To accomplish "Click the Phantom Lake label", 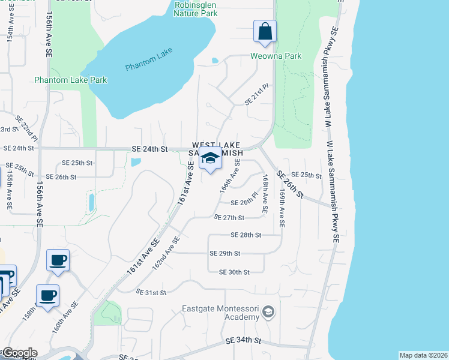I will pyautogui.click(x=149, y=59).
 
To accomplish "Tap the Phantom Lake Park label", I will pyautogui.click(x=70, y=80).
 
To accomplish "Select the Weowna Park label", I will pyautogui.click(x=276, y=56).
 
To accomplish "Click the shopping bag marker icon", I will pyautogui.click(x=265, y=31).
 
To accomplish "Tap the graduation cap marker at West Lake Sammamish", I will pyautogui.click(x=210, y=158).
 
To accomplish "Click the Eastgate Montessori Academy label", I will pyautogui.click(x=220, y=313).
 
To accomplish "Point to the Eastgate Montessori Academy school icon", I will pyautogui.click(x=269, y=312).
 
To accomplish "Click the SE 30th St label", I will pyautogui.click(x=234, y=272).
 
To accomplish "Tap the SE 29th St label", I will pyautogui.click(x=224, y=253).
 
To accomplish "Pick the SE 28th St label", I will pyautogui.click(x=246, y=235).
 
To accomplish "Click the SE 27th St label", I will pyautogui.click(x=229, y=218).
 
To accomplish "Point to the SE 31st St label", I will pyautogui.click(x=151, y=292).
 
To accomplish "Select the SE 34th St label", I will pyautogui.click(x=243, y=340).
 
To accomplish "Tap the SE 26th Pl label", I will pyautogui.click(x=244, y=202).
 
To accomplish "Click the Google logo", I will pyautogui.click(x=19, y=353).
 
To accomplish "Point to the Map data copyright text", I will pyautogui.click(x=423, y=355).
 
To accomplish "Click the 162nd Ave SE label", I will pyautogui.click(x=166, y=252).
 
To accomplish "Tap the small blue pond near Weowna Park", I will pyautogui.click(x=215, y=60).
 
